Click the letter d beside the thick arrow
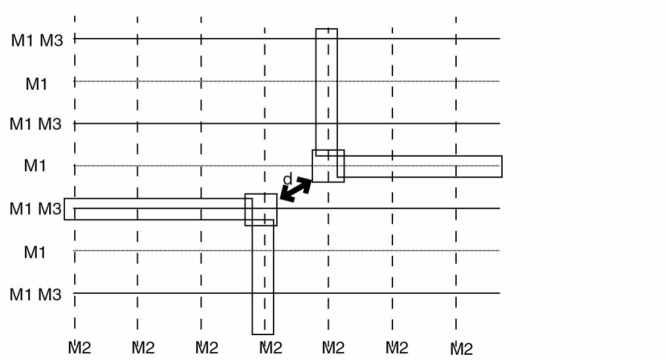[287, 179]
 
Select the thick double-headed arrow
[296, 190]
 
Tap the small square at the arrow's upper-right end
[328, 166]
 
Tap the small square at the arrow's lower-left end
[260, 210]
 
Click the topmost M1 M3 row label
[37, 41]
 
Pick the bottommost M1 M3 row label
[35, 294]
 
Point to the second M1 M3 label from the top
[35, 124]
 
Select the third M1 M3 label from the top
[35, 209]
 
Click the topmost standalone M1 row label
[36, 84]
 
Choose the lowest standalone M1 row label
[35, 252]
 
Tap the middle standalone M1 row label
[35, 165]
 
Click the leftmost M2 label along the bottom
[79, 348]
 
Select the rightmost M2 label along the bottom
[461, 349]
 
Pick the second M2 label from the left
[143, 348]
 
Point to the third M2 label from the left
[207, 348]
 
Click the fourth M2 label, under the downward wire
[270, 348]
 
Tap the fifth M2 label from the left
[333, 348]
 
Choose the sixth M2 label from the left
[397, 348]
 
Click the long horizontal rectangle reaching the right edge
[420, 156]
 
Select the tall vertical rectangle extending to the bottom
[253, 277]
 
